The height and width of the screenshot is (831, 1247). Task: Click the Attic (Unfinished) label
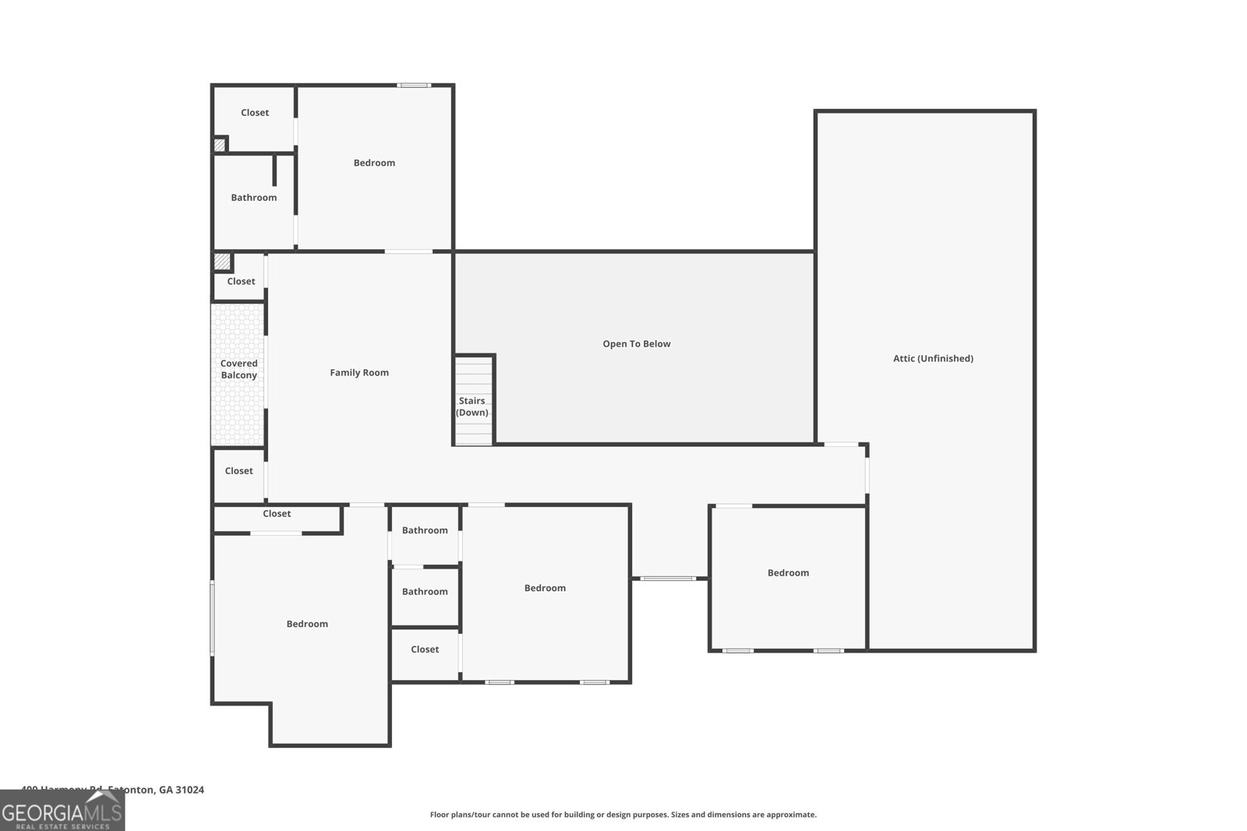coord(933,358)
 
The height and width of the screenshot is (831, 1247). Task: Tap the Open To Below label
coord(636,343)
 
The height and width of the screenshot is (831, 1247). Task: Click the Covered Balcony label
coord(238,369)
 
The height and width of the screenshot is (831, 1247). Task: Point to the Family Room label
coord(359,372)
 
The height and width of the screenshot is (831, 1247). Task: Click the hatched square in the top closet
coord(220,145)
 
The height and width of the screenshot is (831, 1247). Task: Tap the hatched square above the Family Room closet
coord(222,262)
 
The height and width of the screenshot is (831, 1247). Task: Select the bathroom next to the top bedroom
coord(253,198)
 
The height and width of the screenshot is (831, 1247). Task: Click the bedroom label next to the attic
coord(788,573)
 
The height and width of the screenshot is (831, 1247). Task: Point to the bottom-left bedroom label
coord(307,624)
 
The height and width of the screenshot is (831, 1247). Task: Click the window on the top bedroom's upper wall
coord(414,85)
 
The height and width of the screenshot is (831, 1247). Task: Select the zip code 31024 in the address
coord(190,790)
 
